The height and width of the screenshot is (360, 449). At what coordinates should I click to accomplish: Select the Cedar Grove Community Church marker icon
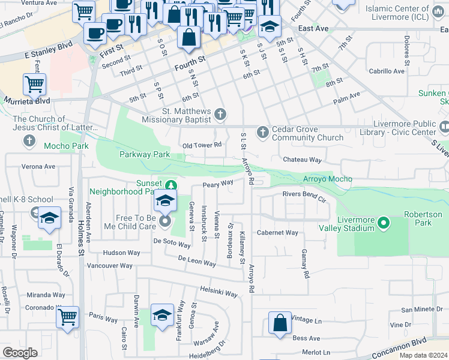click(262, 131)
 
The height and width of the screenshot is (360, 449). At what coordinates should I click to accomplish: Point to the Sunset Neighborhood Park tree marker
click(172, 185)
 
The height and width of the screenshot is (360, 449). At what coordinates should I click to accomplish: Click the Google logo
click(20, 353)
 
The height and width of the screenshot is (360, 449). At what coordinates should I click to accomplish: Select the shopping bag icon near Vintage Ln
click(280, 324)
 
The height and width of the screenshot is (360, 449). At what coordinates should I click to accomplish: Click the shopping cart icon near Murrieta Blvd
click(35, 85)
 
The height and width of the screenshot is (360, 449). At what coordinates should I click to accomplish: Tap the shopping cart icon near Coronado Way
click(68, 316)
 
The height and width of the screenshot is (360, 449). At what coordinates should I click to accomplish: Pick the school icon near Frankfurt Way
click(162, 316)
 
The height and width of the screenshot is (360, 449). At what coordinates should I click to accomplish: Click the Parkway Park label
click(144, 155)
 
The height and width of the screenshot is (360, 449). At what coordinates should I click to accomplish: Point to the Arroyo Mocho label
click(328, 179)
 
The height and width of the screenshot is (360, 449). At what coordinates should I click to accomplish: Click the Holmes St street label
click(80, 237)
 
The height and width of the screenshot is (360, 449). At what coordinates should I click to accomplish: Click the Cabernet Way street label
click(277, 233)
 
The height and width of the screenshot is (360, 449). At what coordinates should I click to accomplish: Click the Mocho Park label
click(66, 145)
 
